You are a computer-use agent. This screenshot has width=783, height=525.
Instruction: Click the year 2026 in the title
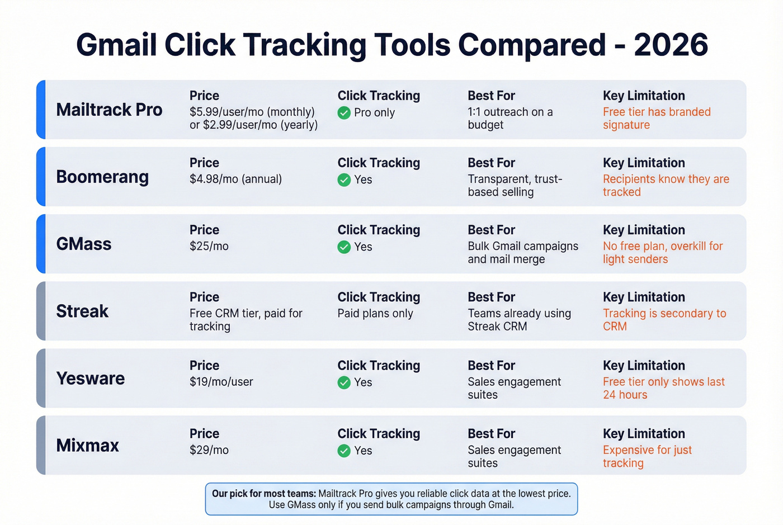tap(671, 45)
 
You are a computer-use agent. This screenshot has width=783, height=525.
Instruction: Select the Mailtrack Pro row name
tap(109, 110)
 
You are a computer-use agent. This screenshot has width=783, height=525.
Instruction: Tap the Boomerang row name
tap(102, 177)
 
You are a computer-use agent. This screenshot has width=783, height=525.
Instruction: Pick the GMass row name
tap(84, 244)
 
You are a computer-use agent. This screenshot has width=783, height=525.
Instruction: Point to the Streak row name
tap(82, 311)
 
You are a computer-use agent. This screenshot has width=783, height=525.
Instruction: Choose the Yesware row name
tap(91, 379)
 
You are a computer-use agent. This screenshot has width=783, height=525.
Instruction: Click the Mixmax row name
tap(88, 446)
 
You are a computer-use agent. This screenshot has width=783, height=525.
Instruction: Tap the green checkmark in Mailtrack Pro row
tap(344, 113)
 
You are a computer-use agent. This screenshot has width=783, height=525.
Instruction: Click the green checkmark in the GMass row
tap(344, 247)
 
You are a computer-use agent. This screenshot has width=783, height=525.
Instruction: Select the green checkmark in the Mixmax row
tap(344, 451)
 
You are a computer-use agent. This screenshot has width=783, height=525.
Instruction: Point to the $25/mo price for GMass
tap(209, 246)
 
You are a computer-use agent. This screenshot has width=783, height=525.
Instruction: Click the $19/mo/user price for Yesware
tap(221, 382)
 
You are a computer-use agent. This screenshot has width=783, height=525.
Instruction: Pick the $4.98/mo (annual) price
tap(235, 179)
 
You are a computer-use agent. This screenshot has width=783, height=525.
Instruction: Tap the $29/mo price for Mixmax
tap(209, 450)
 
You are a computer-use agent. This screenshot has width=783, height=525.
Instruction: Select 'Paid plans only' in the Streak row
tap(375, 314)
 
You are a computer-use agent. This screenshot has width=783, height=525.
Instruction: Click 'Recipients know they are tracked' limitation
tap(666, 186)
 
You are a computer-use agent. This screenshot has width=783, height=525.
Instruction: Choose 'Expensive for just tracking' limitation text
tap(647, 456)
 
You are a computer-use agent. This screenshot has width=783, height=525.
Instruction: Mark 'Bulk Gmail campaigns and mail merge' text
tap(523, 253)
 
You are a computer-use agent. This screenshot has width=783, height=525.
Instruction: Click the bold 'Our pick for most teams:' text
tap(264, 494)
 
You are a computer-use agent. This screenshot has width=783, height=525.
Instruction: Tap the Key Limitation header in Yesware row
tap(644, 366)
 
